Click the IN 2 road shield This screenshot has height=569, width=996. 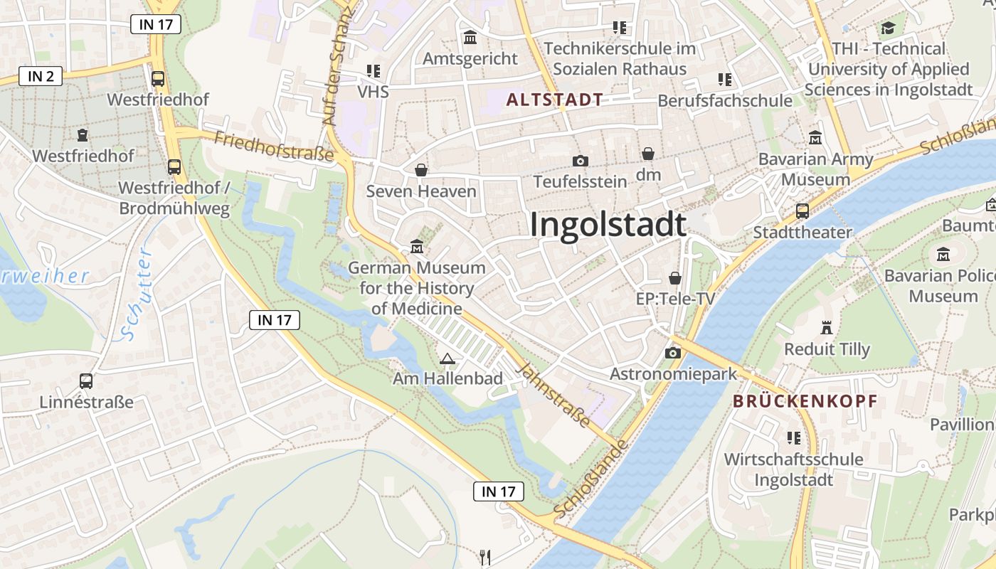pyautogui.click(x=41, y=76)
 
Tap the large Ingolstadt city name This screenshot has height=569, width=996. pyautogui.click(x=608, y=225)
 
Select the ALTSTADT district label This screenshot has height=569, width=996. pyautogui.click(x=555, y=100)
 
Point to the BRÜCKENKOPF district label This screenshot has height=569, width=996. pyautogui.click(x=805, y=401)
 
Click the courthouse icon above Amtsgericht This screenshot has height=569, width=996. pyautogui.click(x=470, y=37)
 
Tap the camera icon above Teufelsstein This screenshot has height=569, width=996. pyautogui.click(x=580, y=161)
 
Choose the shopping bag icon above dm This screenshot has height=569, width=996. pyautogui.click(x=648, y=154)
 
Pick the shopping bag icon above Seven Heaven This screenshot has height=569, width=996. pyautogui.click(x=421, y=170)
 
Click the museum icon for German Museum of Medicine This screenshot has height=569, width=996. pyautogui.click(x=417, y=247)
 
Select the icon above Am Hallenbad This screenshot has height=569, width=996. pyautogui.click(x=447, y=358)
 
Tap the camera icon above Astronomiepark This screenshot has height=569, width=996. pyautogui.click(x=672, y=353)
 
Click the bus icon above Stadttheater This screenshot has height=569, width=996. pyautogui.click(x=802, y=211)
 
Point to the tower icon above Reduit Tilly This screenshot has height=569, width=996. pyautogui.click(x=827, y=329)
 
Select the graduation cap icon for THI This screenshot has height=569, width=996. pyautogui.click(x=888, y=28)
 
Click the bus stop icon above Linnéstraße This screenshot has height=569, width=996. pyautogui.click(x=86, y=381)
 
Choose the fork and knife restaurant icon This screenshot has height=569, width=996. pyautogui.click(x=485, y=557)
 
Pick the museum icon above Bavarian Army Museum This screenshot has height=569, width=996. pyautogui.click(x=815, y=137)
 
